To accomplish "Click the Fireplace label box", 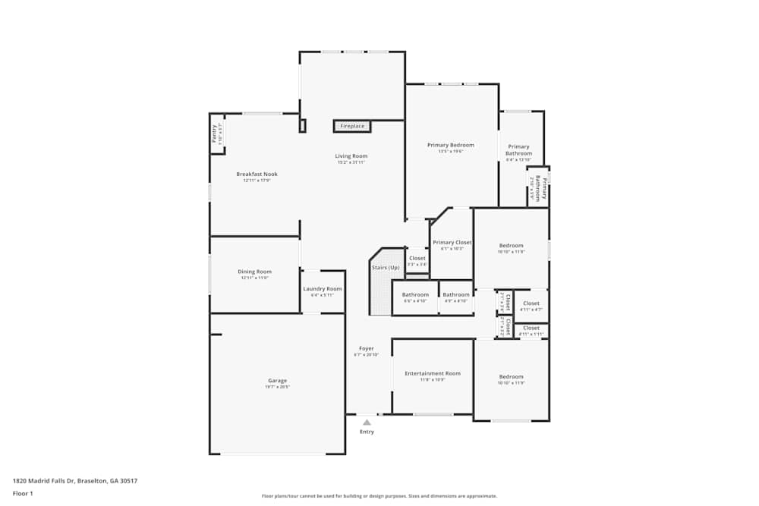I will click(352, 126).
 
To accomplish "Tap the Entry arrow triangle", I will click(367, 422).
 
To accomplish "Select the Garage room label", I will click(277, 381).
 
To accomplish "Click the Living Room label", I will click(351, 156).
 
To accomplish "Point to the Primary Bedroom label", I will click(450, 145).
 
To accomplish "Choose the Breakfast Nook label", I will click(257, 174).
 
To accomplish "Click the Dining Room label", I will click(254, 272).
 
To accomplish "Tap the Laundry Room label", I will click(323, 289).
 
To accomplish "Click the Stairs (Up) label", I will click(385, 268).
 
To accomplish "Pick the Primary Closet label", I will click(452, 243).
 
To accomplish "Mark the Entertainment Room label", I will click(432, 373).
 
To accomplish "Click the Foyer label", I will click(366, 349).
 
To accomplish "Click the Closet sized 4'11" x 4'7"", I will click(531, 303).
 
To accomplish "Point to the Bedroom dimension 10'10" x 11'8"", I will click(511, 251).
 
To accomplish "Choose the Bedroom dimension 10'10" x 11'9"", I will click(511, 382).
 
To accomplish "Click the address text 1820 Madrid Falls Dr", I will click(74, 481).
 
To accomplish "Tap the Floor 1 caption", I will click(24, 493).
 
